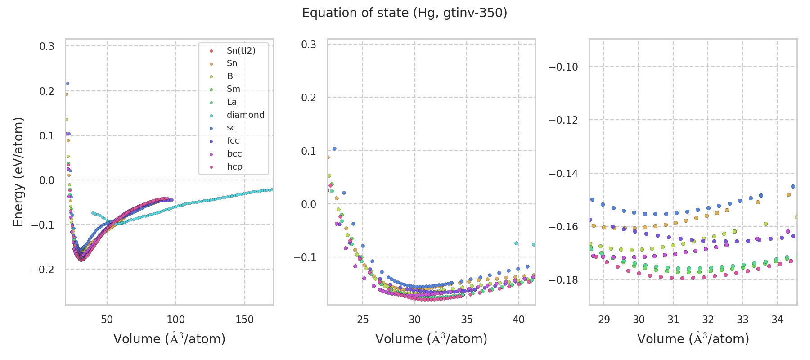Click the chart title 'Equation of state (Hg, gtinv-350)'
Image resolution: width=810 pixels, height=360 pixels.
point(405,13)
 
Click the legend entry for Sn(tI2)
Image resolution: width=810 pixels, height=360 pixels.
point(241,51)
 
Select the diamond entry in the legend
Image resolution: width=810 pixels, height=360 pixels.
point(245,115)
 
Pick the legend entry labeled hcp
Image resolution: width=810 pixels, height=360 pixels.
point(234,167)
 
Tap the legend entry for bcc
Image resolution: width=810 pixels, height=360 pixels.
point(234,154)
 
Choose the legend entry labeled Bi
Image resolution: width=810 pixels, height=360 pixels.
point(231,76)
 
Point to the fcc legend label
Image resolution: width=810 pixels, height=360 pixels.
point(233,141)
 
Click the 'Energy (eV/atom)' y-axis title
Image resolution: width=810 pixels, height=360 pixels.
point(18,171)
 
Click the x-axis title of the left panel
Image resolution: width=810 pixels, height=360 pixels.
point(169,339)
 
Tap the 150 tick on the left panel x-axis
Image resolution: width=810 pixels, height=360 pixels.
point(245,319)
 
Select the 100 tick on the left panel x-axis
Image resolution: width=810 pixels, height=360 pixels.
point(176,319)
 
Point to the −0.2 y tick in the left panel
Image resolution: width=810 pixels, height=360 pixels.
point(43,270)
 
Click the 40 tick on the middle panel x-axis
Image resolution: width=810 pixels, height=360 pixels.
point(519,319)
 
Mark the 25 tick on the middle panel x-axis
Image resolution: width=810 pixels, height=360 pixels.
point(363,319)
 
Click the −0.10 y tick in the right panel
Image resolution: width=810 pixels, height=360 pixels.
point(563,67)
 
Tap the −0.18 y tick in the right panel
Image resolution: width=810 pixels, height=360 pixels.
point(563,280)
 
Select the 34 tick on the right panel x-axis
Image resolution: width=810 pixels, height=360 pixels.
point(777,319)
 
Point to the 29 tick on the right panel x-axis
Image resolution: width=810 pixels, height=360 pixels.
point(604,319)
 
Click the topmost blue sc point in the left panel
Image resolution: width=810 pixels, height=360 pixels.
point(67,83)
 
